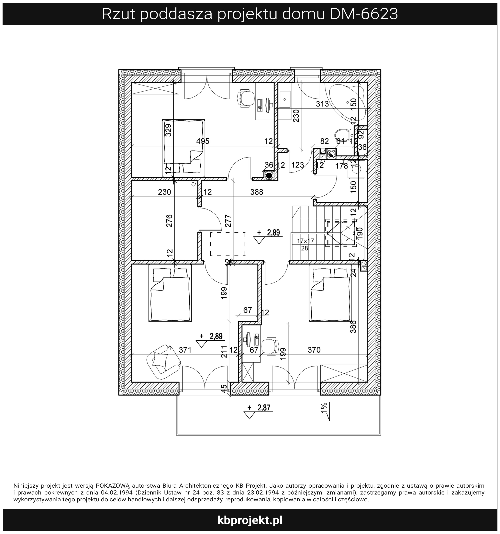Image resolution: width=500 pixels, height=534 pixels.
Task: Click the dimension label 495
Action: click(x=203, y=141)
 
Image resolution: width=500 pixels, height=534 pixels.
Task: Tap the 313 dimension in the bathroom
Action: click(x=322, y=104)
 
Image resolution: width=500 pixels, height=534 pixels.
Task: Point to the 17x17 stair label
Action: click(x=305, y=241)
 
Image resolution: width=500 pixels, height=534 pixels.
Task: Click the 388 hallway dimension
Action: click(x=257, y=192)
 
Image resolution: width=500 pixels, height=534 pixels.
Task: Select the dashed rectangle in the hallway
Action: click(x=228, y=244)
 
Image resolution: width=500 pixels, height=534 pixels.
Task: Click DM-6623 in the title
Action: click(x=364, y=14)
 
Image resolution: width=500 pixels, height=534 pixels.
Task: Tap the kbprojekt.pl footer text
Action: click(x=250, y=521)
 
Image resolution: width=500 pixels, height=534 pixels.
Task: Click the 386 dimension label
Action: click(x=353, y=326)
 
